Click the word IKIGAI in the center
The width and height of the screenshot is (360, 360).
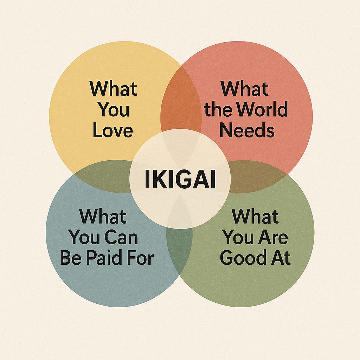(x=180, y=180)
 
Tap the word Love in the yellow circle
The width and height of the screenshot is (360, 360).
(x=113, y=130)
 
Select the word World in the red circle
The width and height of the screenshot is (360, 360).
(x=262, y=109)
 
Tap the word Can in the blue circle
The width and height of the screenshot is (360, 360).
(x=122, y=237)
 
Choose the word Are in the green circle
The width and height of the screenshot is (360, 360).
(x=272, y=237)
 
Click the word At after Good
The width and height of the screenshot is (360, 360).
(x=280, y=258)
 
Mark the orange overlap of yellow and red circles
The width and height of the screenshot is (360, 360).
(x=180, y=102)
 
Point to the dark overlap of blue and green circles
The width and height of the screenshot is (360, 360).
(x=180, y=253)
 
